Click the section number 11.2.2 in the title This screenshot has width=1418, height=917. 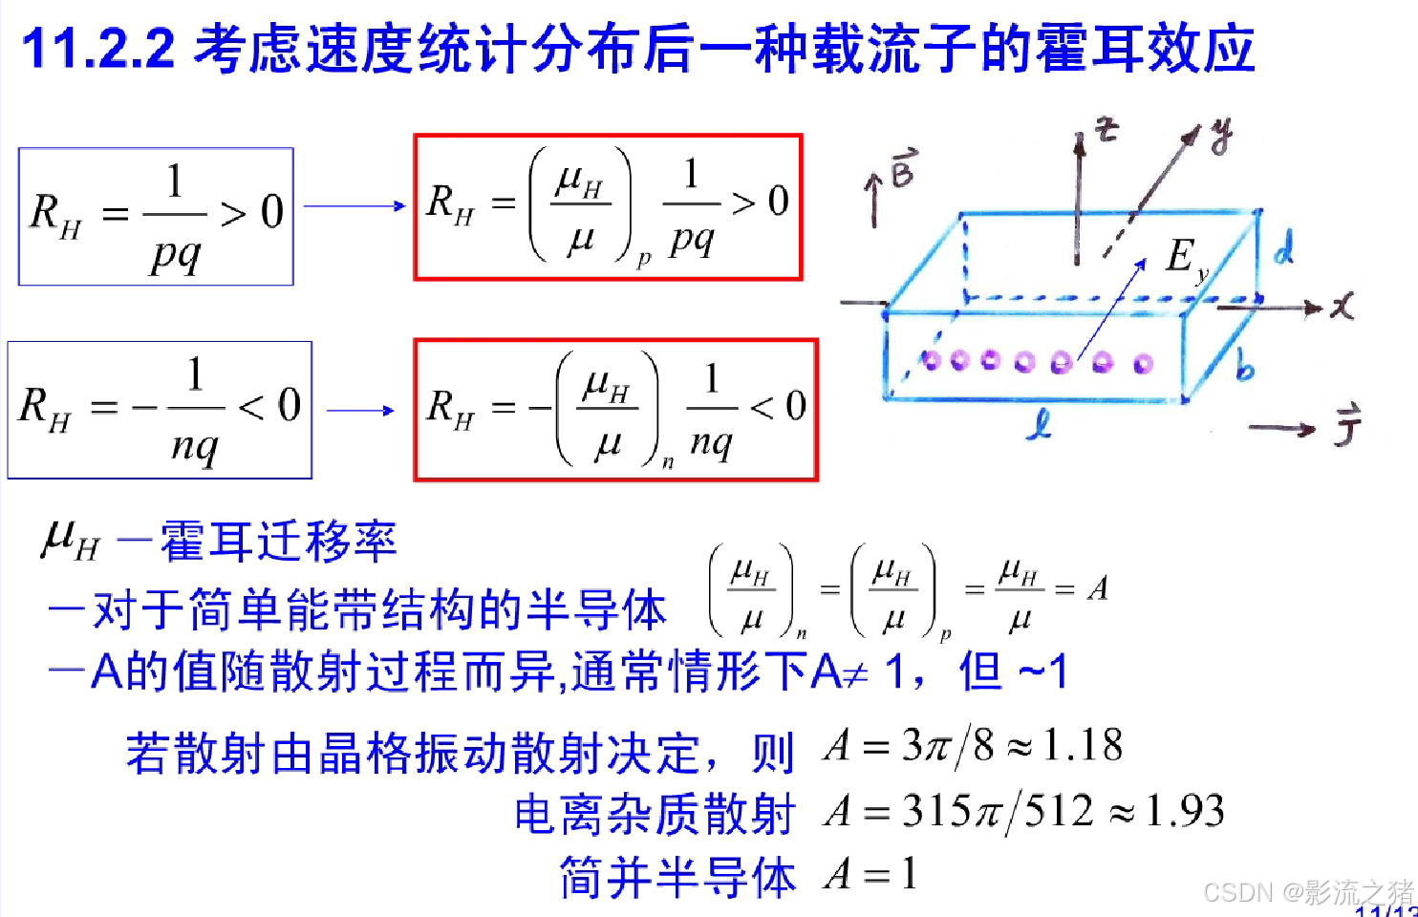coord(98,48)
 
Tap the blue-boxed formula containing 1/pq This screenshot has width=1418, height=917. coord(156,216)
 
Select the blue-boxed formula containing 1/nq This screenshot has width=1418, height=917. coord(160,410)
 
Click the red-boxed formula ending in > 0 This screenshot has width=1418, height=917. coord(608,207)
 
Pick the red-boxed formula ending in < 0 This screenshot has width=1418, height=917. coord(615,410)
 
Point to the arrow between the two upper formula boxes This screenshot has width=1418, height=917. coord(354,205)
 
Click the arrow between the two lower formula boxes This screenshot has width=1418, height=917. coord(361,411)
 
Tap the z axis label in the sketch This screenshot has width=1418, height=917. coord(1106,130)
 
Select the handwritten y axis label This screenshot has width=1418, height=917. coord(1220,137)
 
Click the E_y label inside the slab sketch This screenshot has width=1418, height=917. coord(1186,258)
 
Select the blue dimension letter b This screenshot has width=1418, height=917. coord(1244,366)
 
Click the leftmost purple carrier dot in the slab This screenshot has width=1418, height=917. coord(932,359)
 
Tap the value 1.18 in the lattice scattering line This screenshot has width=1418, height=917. coord(1083,745)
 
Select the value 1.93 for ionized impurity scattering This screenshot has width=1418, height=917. coord(1185,811)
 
